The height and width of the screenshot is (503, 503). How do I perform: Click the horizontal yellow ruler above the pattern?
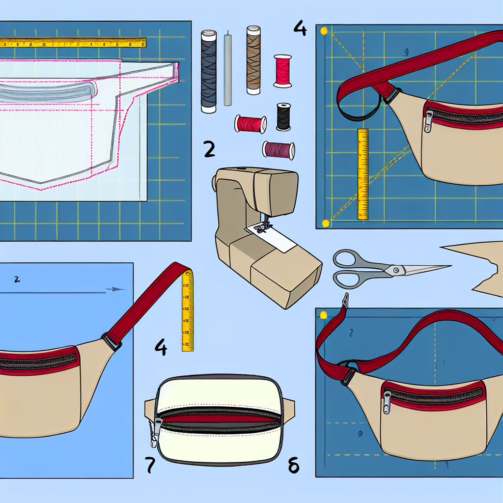tap(74, 43)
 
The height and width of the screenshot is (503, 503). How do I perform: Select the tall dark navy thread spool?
tap(209, 71)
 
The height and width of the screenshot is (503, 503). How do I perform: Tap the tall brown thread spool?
tap(252, 60)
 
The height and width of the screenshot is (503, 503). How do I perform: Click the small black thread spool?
tap(283, 117)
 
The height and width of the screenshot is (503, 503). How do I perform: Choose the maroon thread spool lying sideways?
tap(279, 149)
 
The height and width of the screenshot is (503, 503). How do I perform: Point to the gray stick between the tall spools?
tap(227, 69)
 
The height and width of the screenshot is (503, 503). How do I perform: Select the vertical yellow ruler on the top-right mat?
tap(363, 174)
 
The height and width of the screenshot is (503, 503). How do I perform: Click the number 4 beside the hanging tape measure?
tap(161, 348)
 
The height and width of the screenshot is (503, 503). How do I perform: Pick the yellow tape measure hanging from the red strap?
tap(188, 312)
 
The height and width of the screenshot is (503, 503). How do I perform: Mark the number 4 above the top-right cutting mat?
tap(300, 28)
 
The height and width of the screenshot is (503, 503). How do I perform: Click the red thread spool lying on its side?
tap(250, 124)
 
